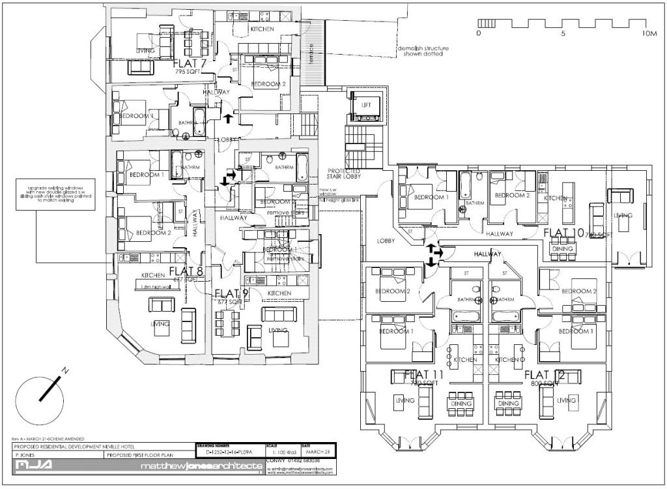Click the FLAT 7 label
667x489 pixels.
coord(190,64)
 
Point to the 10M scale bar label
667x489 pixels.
coord(648,33)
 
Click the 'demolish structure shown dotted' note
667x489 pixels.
coord(423,52)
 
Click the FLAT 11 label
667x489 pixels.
coord(424,375)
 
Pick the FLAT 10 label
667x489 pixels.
coord(564,232)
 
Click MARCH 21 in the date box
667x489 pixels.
coord(312,451)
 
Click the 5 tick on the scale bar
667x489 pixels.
coord(563,33)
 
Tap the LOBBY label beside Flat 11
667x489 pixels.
coord(386,241)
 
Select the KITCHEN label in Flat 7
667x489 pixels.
coord(263,30)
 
